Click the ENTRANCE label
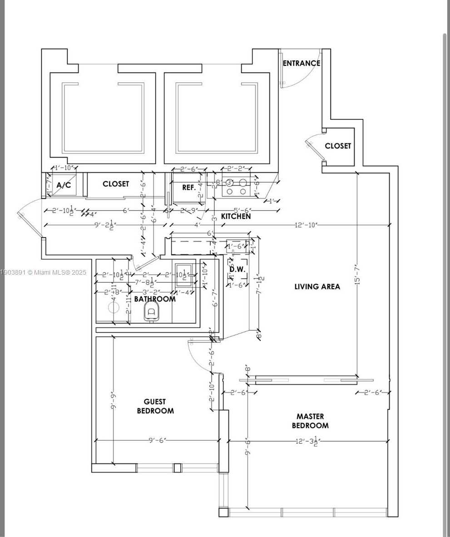pos(301,63)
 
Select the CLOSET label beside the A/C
pos(116,184)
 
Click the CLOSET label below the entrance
pos(338,146)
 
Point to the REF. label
pos(189,187)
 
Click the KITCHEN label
pos(236,217)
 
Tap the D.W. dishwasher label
pos(237,269)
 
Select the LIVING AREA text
pos(317,286)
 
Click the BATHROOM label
pos(155,299)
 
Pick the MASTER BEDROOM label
pos(310,421)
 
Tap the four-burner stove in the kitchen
pos(236,187)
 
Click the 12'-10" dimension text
pos(306,225)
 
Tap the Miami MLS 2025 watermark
pos(43,272)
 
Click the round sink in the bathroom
pos(114,307)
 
